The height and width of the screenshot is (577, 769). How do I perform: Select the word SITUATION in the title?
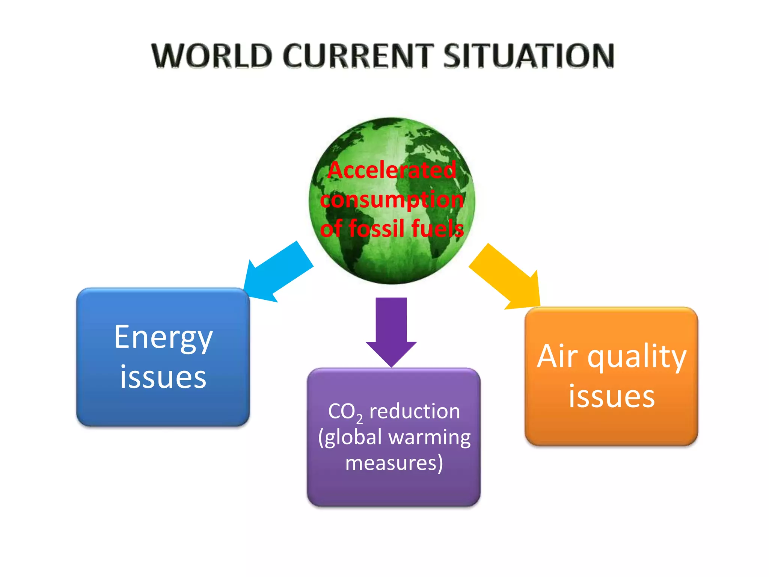point(529,56)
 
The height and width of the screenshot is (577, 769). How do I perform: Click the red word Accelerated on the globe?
point(392,170)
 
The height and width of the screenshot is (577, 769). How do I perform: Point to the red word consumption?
point(392,199)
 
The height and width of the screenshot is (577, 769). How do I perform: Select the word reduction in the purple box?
point(415,411)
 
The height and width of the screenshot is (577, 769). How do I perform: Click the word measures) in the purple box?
point(394,463)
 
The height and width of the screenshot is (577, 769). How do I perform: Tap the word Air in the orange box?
point(557,356)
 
